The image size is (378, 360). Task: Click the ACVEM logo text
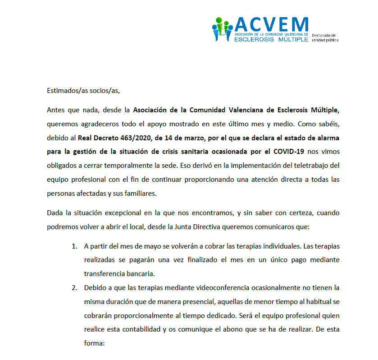(271, 24)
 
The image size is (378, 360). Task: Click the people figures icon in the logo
(222, 30)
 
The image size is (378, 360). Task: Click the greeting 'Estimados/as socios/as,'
(83, 90)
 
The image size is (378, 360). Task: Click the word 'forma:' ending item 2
(94, 342)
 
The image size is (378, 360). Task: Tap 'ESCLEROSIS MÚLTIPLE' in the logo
(271, 39)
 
